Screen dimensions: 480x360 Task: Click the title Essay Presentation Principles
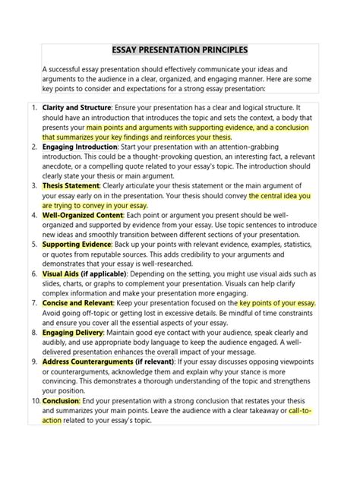(180, 50)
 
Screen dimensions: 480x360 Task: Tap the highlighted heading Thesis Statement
(71, 185)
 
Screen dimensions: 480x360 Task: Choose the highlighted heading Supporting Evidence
(77, 245)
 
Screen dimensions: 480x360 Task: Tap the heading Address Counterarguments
(86, 362)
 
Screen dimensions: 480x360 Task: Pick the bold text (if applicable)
(109, 273)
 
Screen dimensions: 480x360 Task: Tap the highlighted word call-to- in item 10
(302, 410)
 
